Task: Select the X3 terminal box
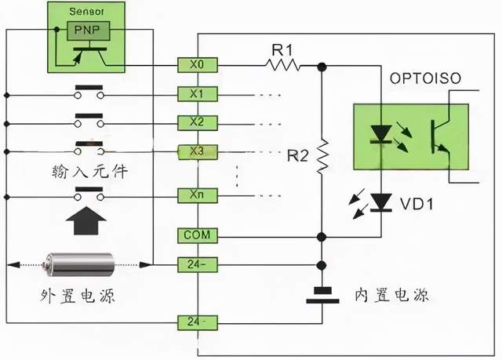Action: click(197, 151)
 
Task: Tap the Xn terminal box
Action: click(197, 194)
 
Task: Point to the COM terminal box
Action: click(197, 235)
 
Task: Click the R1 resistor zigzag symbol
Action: click(282, 66)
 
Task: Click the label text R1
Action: click(282, 49)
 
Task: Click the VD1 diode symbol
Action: click(381, 202)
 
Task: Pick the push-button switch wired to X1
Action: click(91, 94)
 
